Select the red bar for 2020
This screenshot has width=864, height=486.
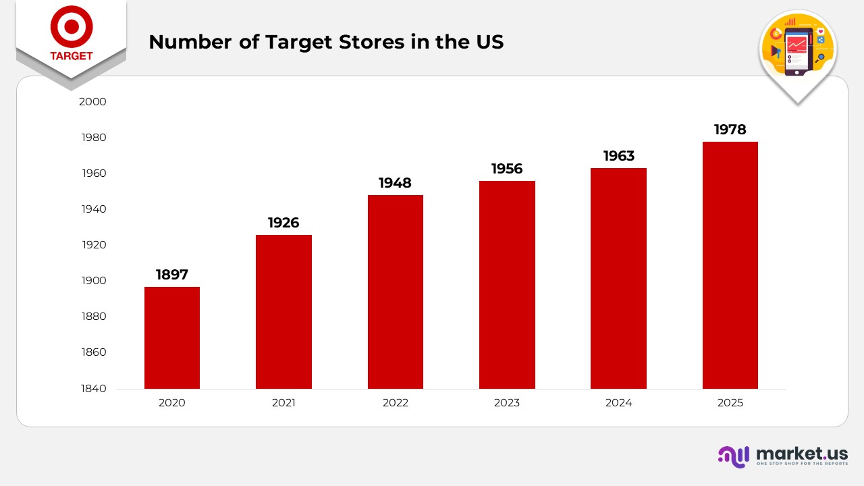[172, 337]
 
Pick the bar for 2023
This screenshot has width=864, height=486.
[507, 284]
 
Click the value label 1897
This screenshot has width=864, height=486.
[172, 275]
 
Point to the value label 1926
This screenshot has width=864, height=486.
[283, 223]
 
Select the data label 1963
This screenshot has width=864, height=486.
[618, 156]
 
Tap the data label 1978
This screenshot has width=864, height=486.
[730, 130]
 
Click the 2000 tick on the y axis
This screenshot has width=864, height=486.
[94, 102]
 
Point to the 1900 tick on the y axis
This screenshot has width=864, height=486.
[94, 281]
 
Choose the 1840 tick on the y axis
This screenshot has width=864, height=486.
[94, 389]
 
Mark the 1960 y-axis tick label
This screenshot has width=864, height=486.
[94, 173]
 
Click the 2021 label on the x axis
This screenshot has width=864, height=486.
[283, 403]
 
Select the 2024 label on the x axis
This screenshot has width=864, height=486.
[618, 403]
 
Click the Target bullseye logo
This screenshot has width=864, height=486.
[71, 26]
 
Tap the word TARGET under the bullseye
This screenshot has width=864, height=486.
[71, 56]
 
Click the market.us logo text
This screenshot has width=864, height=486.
[802, 452]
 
